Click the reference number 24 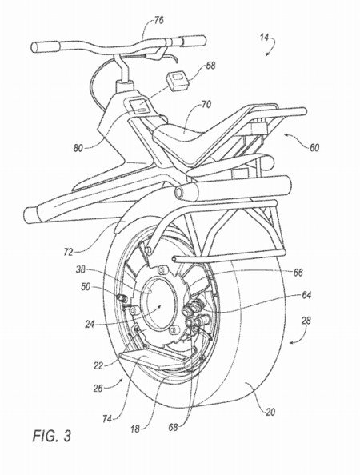click(90, 325)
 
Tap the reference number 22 click(98, 365)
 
